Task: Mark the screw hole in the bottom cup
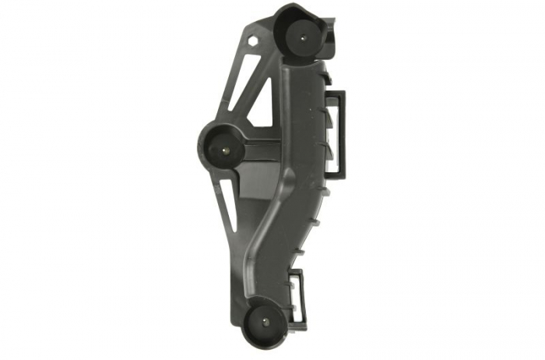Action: tap(268, 323)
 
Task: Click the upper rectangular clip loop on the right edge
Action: tap(340, 132)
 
